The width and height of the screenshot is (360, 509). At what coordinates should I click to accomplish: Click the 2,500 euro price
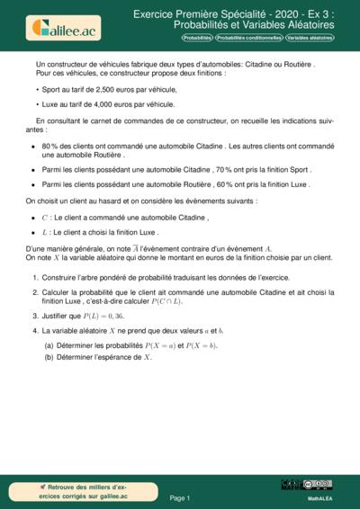101,91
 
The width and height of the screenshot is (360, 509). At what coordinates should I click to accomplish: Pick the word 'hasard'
106,201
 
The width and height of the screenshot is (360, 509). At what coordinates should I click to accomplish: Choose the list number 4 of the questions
34,331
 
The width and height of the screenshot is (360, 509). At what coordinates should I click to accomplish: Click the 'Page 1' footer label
179,497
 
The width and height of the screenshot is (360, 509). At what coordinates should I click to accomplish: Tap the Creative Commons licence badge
306,486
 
